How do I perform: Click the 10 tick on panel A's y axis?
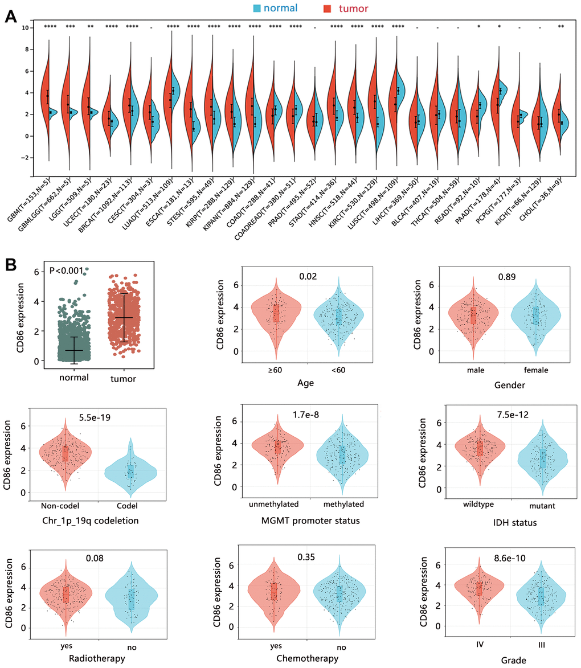click(x=24, y=27)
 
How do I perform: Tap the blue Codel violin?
click(x=130, y=471)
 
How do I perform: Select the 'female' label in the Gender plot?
click(x=536, y=370)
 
